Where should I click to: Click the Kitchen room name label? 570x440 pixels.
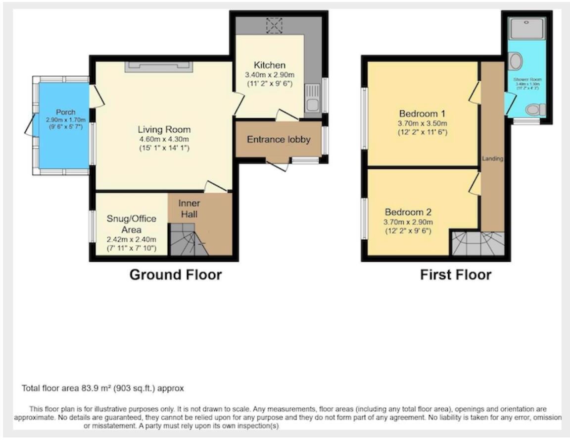269,65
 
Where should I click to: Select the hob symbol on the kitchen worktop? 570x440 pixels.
273,26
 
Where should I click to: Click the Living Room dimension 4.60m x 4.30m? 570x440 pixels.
164,139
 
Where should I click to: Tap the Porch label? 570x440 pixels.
65,112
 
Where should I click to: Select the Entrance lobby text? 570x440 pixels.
279,139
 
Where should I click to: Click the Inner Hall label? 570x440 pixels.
189,209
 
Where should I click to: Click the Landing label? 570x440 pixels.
493,159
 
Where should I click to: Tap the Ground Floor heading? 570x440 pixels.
175,275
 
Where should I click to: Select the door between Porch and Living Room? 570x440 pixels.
96,97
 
